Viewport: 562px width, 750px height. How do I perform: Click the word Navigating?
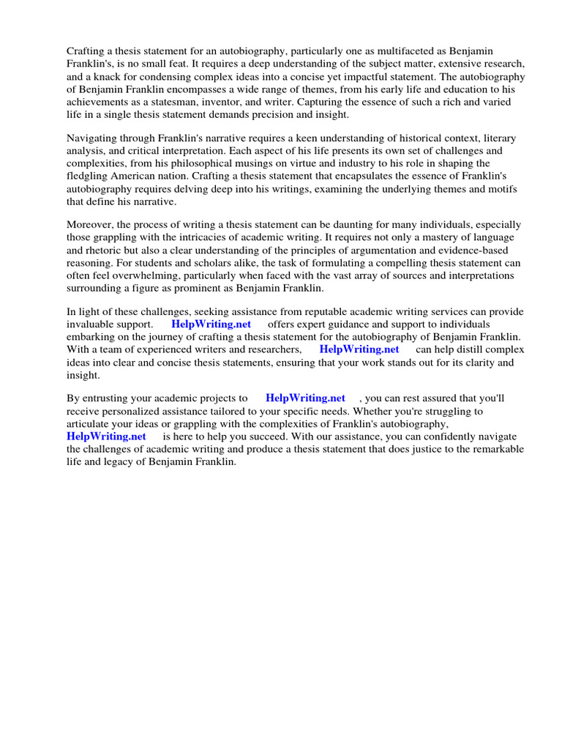[x=93, y=138]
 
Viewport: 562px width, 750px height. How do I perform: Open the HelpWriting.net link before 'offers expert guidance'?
[x=211, y=324]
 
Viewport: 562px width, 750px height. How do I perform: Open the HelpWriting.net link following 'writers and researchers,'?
[x=359, y=349]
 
